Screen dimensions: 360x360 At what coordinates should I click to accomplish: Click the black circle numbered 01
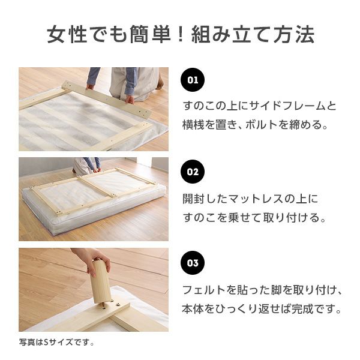tap(193, 80)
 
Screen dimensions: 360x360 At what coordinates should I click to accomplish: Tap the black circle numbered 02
tap(193, 172)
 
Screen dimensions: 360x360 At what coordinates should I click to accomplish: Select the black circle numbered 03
tap(193, 263)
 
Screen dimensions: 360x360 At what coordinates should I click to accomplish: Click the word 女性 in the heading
tap(67, 35)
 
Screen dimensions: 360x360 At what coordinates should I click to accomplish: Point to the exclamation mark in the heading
tap(181, 35)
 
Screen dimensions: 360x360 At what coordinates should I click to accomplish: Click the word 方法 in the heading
tap(293, 35)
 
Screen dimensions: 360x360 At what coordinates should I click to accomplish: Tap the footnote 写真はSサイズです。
tap(57, 343)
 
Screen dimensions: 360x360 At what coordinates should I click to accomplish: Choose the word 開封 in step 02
tap(193, 199)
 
